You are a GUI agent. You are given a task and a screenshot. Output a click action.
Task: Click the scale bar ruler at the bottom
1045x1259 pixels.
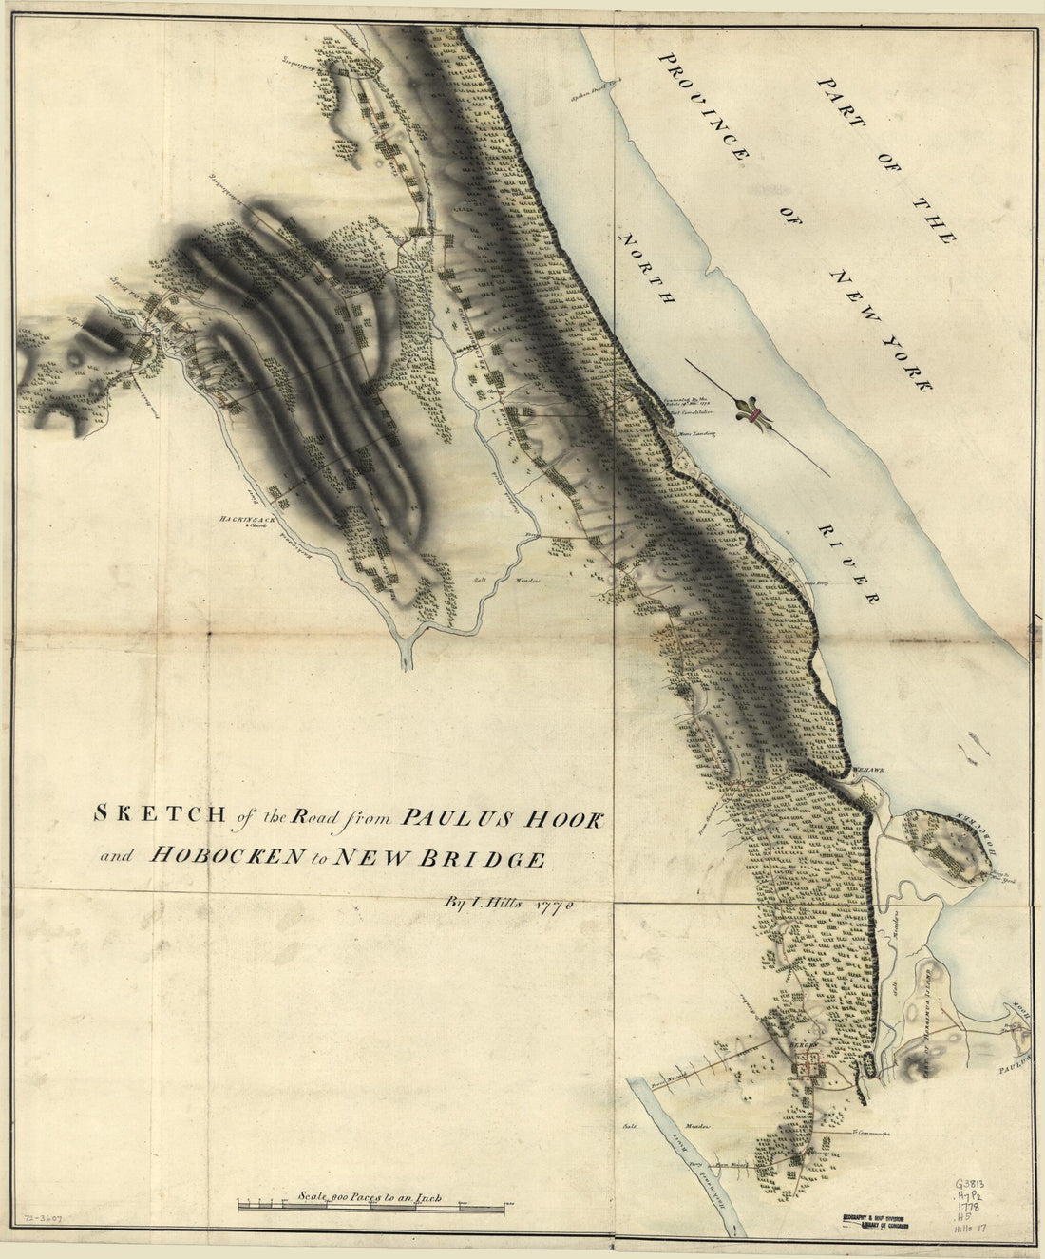click(x=370, y=1208)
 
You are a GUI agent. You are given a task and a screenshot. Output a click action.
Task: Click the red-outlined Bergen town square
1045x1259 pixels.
click(x=809, y=1065)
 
